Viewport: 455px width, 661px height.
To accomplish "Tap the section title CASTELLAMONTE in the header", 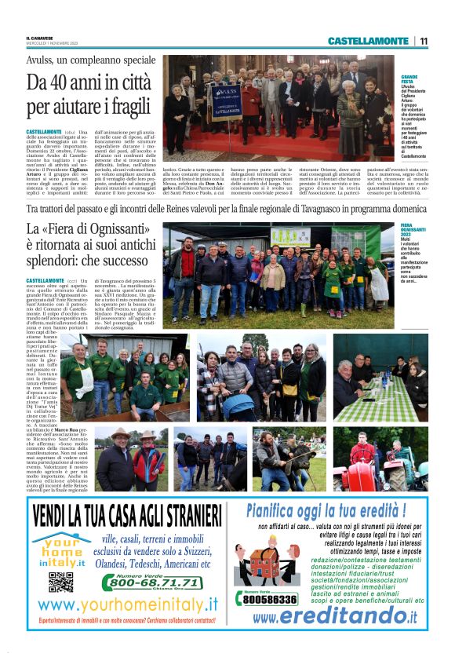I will (x=368, y=41).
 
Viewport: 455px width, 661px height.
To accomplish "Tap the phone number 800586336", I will (x=269, y=599).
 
